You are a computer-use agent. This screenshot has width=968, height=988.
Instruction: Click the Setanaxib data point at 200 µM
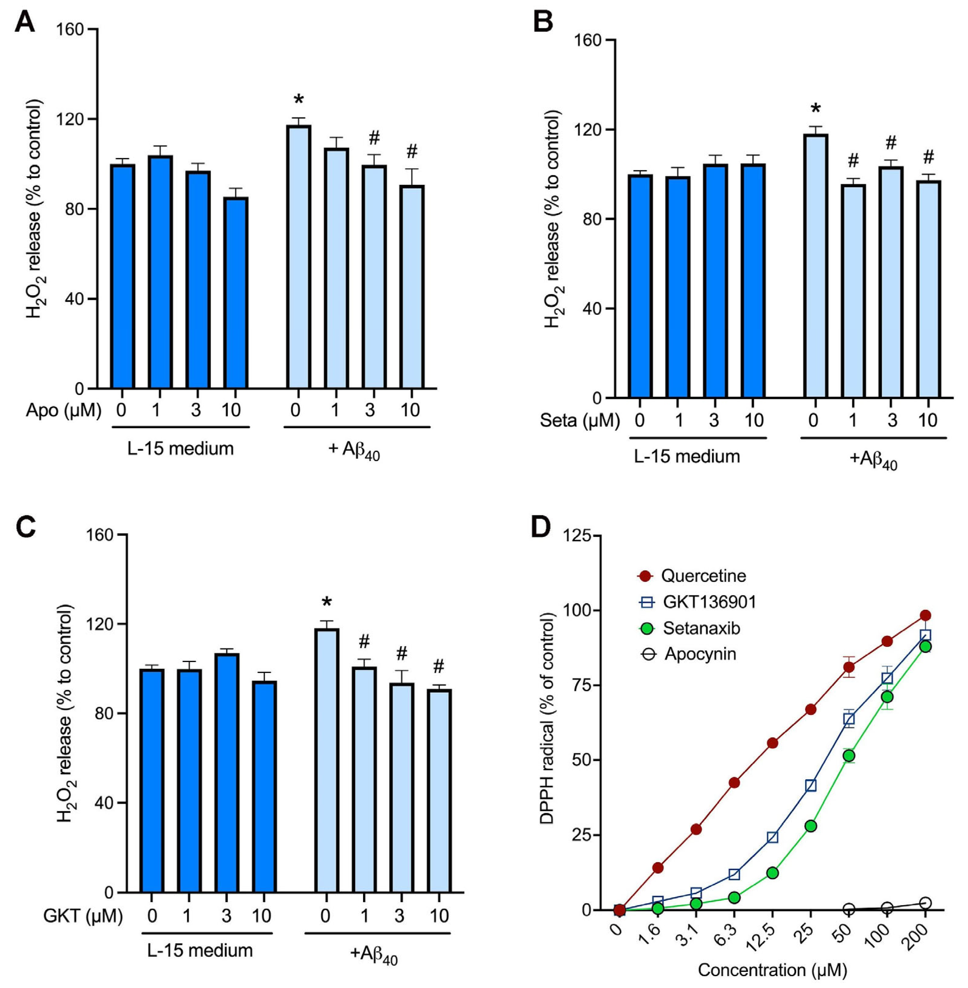click(925, 646)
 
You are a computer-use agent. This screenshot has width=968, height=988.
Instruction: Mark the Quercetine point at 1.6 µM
click(658, 867)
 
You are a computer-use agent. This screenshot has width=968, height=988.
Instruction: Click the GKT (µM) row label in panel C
click(83, 916)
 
